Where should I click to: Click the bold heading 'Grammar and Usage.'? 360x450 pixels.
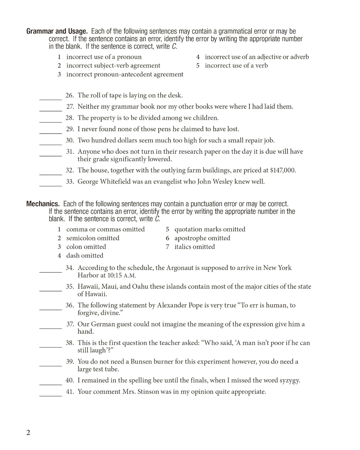click(57, 31)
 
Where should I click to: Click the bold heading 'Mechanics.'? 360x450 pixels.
click(43, 204)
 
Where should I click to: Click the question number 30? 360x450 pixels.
click(70, 140)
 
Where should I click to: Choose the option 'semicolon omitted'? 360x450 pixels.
click(93, 238)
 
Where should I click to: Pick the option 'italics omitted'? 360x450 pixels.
click(194, 247)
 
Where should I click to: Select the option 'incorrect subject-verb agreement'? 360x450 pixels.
click(113, 66)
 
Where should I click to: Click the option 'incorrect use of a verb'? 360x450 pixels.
click(236, 66)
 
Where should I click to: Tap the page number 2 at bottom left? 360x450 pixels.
click(28, 433)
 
